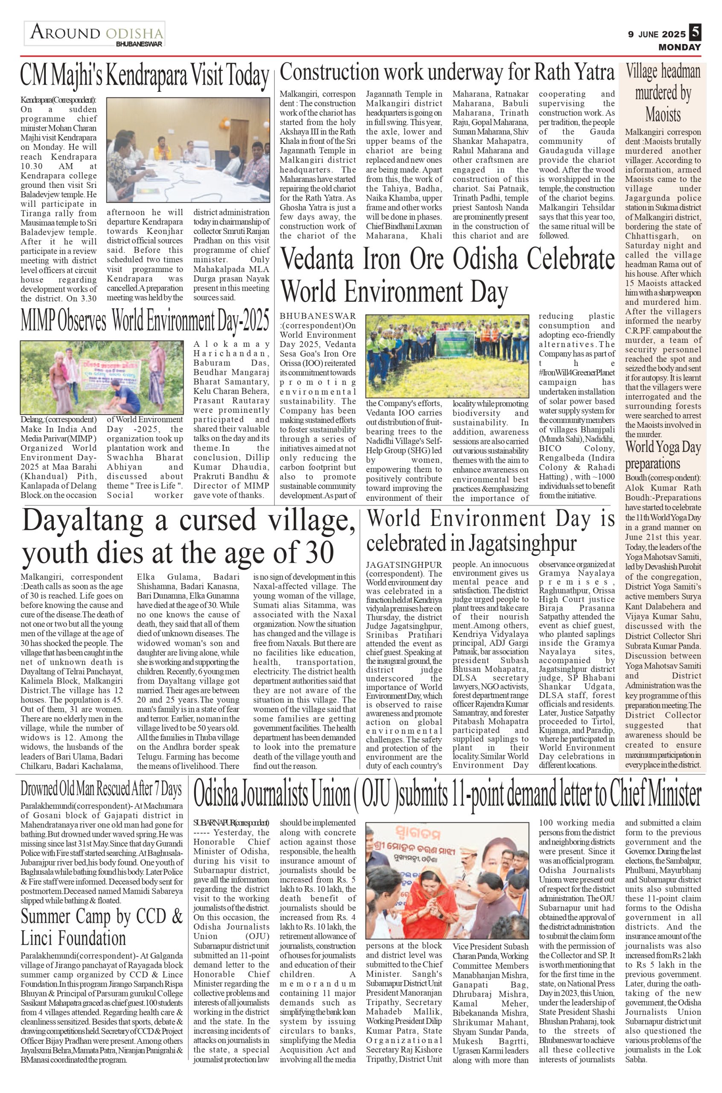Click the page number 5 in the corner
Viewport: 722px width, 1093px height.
point(695,33)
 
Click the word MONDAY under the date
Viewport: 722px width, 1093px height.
point(679,47)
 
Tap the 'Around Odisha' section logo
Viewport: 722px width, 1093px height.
point(95,35)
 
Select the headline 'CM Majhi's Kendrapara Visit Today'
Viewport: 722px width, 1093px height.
point(145,76)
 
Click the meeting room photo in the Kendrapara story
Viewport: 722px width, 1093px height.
point(188,150)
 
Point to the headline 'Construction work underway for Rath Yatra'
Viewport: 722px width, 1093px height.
point(447,73)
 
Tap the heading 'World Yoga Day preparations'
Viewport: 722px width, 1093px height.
point(663,454)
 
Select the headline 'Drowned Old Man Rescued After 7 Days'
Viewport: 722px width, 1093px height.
point(101,789)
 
